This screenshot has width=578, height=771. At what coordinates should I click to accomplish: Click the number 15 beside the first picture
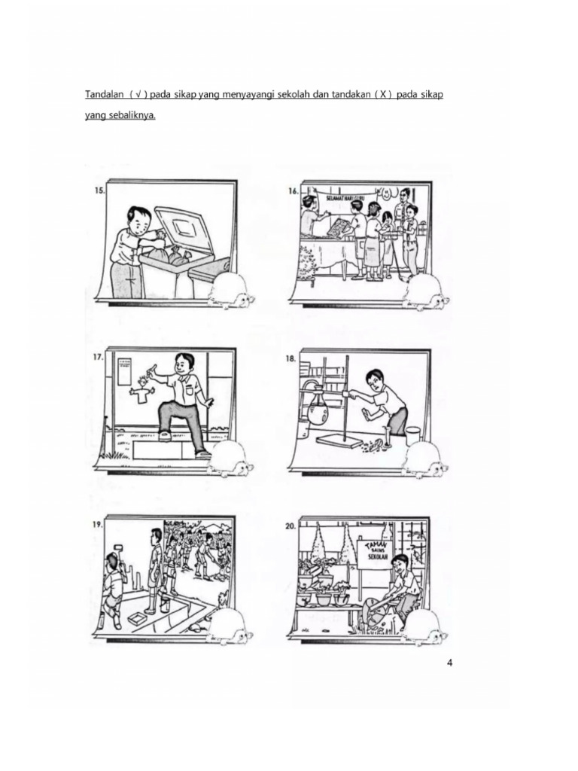(99, 191)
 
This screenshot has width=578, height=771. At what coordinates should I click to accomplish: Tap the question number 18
(291, 359)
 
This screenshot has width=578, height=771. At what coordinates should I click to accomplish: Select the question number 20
(291, 527)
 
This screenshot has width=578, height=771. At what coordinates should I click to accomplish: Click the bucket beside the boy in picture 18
(413, 435)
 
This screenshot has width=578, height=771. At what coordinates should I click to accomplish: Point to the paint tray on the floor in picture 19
(138, 617)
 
